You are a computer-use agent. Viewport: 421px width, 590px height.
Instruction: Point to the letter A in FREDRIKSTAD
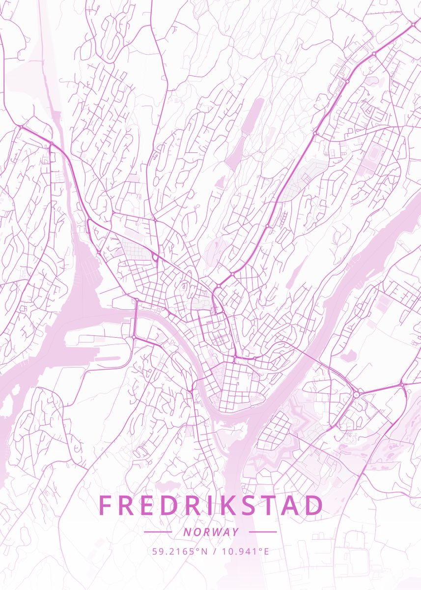[x=288, y=506]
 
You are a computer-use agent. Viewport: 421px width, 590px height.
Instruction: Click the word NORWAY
[x=211, y=532]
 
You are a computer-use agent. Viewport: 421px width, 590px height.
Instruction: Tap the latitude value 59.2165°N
[x=180, y=551]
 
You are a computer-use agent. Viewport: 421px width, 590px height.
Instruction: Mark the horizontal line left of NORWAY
[x=158, y=532]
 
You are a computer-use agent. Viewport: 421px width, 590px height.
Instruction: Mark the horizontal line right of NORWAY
[x=263, y=532]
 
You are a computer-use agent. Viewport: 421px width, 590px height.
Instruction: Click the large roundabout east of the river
[x=356, y=394]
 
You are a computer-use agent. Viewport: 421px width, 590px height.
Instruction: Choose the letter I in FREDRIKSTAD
[x=196, y=506]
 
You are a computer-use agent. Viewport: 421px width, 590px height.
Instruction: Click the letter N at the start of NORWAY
[x=187, y=532]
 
